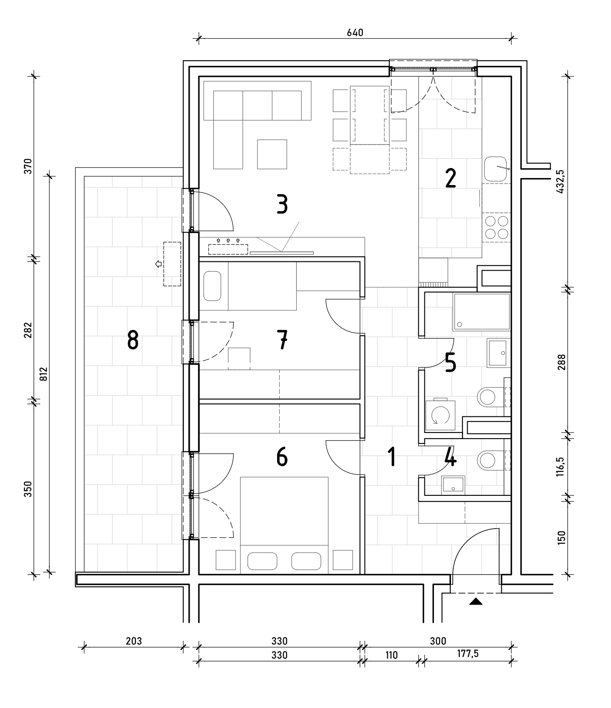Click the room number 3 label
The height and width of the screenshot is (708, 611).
click(282, 204)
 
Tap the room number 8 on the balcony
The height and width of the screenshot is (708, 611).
click(133, 340)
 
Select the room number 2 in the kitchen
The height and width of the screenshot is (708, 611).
click(450, 178)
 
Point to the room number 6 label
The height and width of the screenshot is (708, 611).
click(282, 457)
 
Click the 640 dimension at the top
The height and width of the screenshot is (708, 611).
click(355, 33)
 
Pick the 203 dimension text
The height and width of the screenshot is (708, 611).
click(134, 641)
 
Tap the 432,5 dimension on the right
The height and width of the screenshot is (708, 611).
click(562, 181)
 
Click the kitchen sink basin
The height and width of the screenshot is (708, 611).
click(496, 168)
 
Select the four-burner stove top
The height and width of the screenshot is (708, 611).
click(496, 227)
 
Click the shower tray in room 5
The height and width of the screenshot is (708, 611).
click(482, 311)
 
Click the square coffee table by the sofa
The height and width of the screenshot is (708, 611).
click(272, 154)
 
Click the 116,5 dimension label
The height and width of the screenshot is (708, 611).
click(562, 467)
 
